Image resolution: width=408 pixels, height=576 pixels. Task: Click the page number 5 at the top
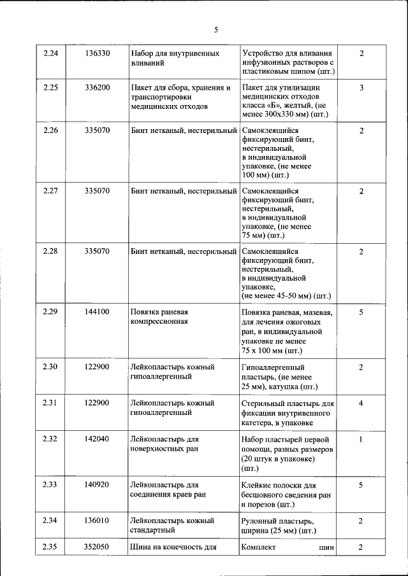[x=215, y=30]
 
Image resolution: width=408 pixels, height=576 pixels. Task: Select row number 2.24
[x=50, y=53]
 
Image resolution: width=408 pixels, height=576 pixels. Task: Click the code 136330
[x=97, y=53]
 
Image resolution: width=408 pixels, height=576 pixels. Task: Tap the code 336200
[x=97, y=88]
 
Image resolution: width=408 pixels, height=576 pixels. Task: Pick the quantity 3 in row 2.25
[x=361, y=88]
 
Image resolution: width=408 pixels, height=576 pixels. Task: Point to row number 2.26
[x=50, y=131]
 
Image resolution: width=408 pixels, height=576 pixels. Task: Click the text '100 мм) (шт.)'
[x=266, y=174]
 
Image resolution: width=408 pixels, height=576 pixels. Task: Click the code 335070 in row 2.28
[x=97, y=251]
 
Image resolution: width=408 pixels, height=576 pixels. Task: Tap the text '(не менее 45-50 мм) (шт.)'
[x=286, y=296]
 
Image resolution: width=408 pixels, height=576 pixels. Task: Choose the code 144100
[x=97, y=313]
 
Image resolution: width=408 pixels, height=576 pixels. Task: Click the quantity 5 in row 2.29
[x=361, y=313]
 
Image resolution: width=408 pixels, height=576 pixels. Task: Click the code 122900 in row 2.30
[x=97, y=367]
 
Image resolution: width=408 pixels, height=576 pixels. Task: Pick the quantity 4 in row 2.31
[x=361, y=403]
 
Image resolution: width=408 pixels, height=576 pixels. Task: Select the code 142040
[x=97, y=439]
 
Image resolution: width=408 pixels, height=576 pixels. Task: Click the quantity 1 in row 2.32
[x=361, y=439]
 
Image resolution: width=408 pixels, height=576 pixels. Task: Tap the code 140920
[x=97, y=484]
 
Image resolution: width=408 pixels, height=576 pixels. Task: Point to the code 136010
[x=97, y=521]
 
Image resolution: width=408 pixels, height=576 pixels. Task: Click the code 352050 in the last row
[x=97, y=547]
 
